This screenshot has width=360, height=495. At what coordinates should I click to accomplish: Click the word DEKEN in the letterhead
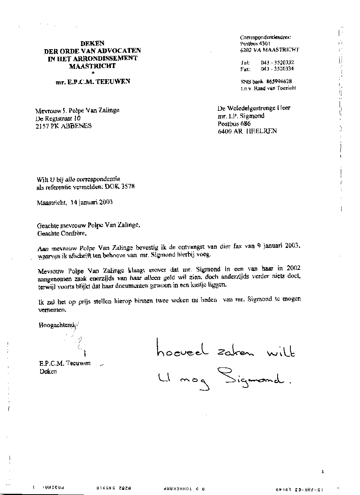[92, 44]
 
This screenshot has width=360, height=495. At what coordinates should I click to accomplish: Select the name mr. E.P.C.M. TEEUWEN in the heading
[93, 82]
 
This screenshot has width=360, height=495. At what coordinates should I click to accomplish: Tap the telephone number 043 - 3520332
[277, 62]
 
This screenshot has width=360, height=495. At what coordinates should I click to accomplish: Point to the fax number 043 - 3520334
[277, 69]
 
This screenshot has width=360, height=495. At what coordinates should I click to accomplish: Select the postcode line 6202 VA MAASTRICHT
[269, 50]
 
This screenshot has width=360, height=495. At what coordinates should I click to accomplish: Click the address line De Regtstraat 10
[58, 118]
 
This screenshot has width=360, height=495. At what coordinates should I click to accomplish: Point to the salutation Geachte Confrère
[61, 233]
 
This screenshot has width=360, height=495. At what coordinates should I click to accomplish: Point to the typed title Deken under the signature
[48, 371]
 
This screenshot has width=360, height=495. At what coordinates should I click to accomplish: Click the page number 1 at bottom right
[322, 472]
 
